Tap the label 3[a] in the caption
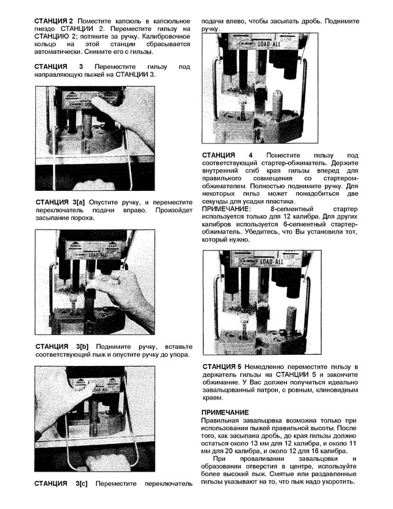[x=78, y=201]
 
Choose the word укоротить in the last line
[x=335, y=481]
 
